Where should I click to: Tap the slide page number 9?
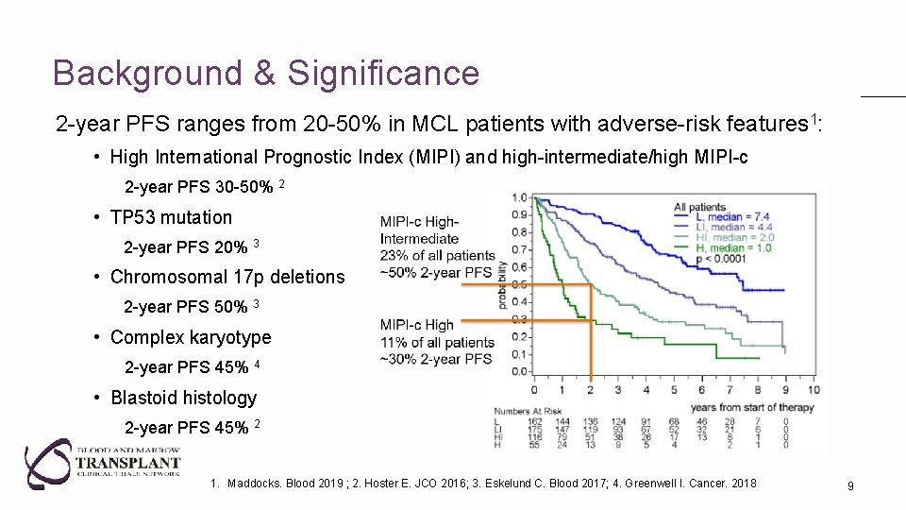pos(850,485)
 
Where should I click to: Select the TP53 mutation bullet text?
pos(171,217)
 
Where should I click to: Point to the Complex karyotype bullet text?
pos(191,337)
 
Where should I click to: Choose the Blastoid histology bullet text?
pos(183,398)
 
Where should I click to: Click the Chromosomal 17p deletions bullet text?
pos(227,277)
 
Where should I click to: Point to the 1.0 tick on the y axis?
pos(519,197)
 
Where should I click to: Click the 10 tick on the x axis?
pos(814,389)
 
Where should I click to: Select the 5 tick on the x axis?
pos(674,389)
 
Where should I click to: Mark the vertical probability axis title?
pos(502,283)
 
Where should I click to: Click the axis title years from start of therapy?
pos(751,407)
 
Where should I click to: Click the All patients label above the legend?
pos(699,206)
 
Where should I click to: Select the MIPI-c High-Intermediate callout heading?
pos(418,230)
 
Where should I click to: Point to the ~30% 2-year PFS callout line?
pos(435,359)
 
